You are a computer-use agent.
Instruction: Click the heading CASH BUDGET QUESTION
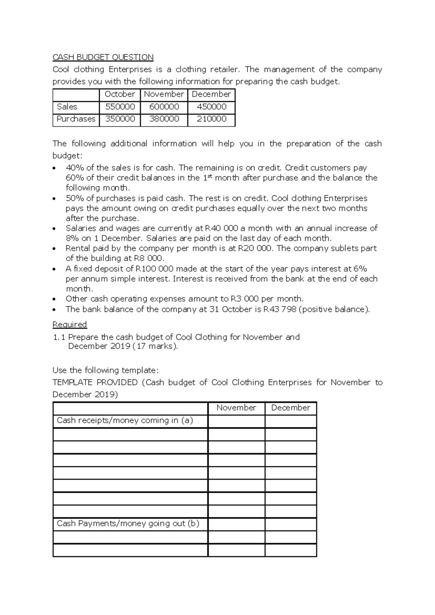pos(103,57)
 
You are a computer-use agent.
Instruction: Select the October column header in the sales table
pos(120,94)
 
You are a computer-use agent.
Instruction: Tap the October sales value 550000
pos(120,107)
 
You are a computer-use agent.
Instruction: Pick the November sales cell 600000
pos(164,107)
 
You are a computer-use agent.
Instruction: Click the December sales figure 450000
pos(211,107)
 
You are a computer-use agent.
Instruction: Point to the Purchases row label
pos(76,119)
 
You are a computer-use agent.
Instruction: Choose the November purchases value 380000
pos(164,119)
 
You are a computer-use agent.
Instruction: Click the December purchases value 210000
pos(211,119)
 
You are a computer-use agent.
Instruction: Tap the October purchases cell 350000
pos(120,119)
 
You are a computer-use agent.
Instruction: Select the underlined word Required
pos(70,324)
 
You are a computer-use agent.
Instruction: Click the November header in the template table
pos(236,408)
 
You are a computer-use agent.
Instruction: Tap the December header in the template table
pos(290,408)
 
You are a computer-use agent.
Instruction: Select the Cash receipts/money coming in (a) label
pos(125,420)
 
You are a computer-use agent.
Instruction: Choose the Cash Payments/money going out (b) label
pos(128,523)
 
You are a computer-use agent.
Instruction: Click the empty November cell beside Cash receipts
pos(236,421)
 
